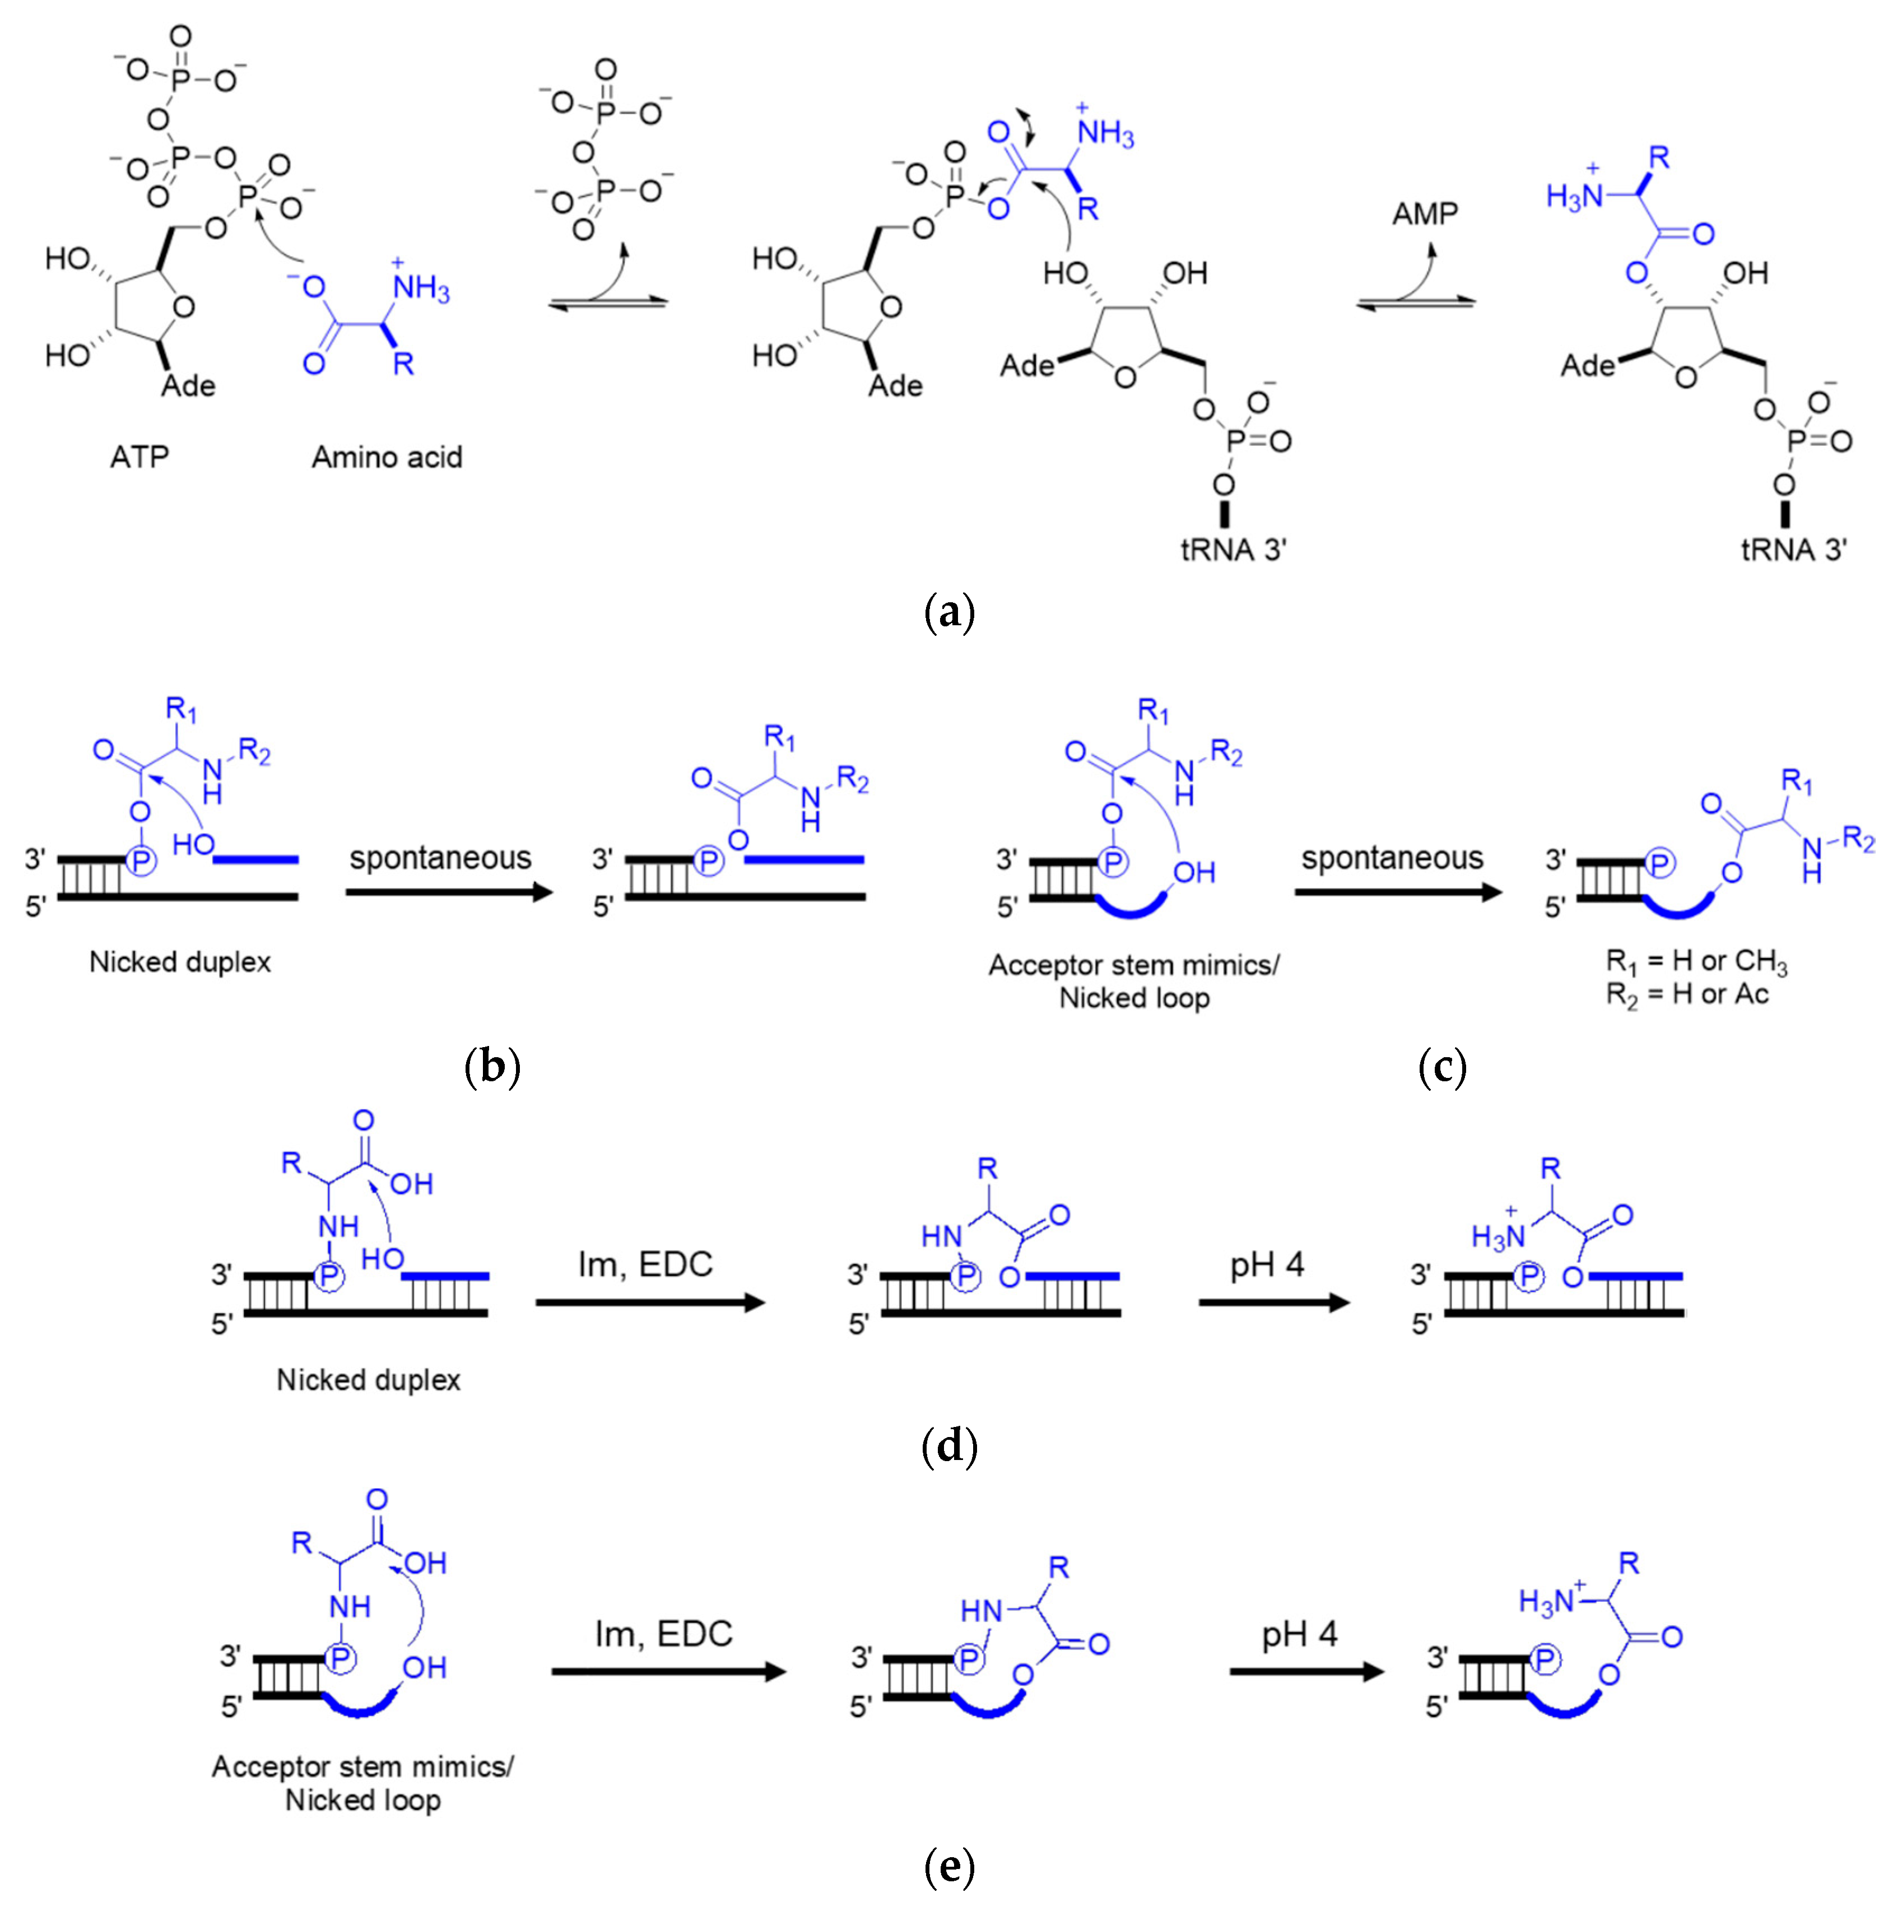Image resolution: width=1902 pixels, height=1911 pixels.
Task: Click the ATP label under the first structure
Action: coord(139,457)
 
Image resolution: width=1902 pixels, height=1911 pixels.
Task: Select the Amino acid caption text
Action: coord(387,457)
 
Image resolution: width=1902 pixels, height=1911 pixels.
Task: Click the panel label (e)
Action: coord(948,1867)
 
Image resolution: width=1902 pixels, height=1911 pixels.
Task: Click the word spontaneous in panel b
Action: coord(440,858)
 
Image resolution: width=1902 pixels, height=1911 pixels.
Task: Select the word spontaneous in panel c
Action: coord(1392,858)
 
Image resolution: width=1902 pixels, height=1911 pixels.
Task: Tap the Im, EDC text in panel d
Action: coord(645,1264)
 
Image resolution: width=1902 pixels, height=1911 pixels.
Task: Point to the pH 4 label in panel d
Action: coord(1267,1264)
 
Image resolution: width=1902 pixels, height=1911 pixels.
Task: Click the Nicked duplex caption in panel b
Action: coord(180,961)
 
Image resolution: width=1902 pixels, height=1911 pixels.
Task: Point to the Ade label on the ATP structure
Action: coord(188,386)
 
